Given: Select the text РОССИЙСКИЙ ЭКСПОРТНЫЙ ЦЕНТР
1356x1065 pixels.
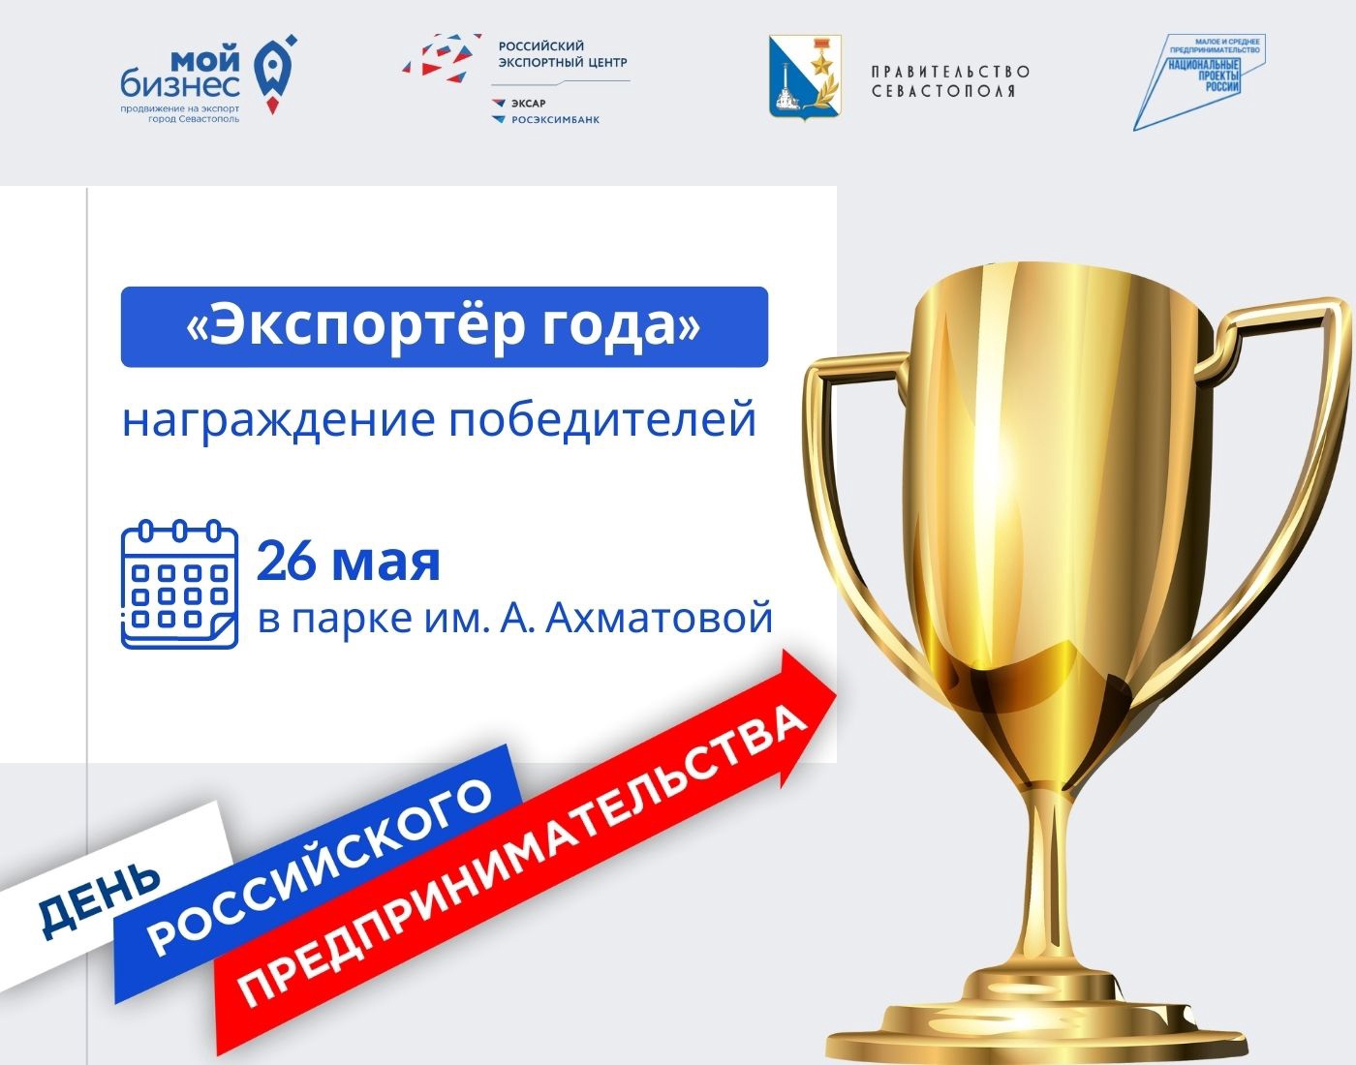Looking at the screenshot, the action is [562, 54].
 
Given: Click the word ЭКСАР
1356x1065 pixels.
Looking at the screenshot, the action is [528, 104].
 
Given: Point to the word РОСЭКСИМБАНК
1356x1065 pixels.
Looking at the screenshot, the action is [555, 120].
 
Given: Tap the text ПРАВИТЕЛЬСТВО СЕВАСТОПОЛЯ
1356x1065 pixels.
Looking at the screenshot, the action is [950, 81].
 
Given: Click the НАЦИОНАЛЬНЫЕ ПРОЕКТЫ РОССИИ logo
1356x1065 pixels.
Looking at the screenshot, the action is [1198, 81].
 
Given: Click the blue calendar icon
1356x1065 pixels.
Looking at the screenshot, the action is [180, 584].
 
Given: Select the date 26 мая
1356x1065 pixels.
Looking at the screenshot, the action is [349, 562].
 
